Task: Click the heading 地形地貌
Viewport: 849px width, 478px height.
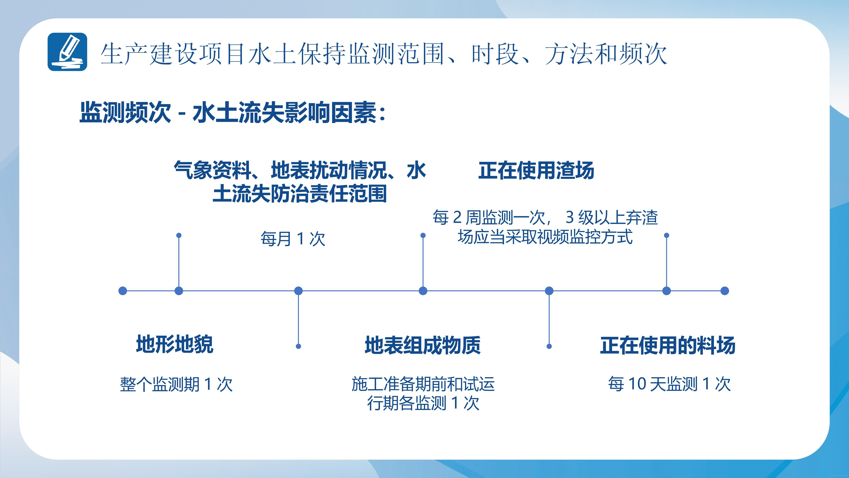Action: click(175, 344)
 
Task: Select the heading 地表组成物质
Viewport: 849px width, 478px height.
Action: click(423, 345)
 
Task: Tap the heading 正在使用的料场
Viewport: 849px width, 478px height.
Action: click(668, 345)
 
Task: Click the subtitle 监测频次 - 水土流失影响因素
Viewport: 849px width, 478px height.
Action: click(232, 112)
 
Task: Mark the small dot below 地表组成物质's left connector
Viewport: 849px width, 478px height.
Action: click(298, 346)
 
